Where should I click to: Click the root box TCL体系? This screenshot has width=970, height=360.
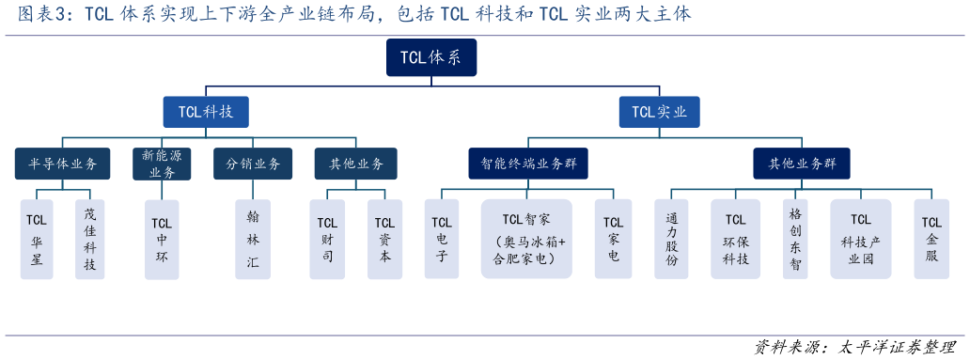pyautogui.click(x=430, y=57)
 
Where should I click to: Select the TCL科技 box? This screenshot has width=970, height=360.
pyautogui.click(x=206, y=112)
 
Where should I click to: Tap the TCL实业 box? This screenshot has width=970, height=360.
pyautogui.click(x=659, y=112)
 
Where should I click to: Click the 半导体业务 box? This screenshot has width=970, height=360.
pyautogui.click(x=62, y=164)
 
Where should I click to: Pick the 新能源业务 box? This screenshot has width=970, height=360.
pyautogui.click(x=163, y=164)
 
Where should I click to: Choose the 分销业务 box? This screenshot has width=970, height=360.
pyautogui.click(x=254, y=164)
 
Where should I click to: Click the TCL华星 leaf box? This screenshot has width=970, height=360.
pyautogui.click(x=37, y=239)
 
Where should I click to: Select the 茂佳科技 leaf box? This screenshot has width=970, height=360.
pyautogui.click(x=89, y=239)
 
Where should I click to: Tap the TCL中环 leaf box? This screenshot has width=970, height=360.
pyautogui.click(x=162, y=239)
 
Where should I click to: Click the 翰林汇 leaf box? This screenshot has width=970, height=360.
pyautogui.click(x=253, y=239)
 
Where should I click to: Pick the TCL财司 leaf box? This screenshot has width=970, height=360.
pyautogui.click(x=327, y=239)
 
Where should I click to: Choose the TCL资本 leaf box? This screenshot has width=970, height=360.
pyautogui.click(x=384, y=239)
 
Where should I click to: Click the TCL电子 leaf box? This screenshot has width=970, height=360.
pyautogui.click(x=442, y=239)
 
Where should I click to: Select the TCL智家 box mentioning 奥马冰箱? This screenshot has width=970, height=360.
pyautogui.click(x=526, y=239)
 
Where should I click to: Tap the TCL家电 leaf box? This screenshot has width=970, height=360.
pyautogui.click(x=613, y=239)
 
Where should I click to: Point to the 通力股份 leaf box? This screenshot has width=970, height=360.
pyautogui.click(x=671, y=239)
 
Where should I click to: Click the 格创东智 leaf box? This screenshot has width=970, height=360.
pyautogui.click(x=795, y=239)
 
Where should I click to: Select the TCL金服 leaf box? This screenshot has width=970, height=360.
pyautogui.click(x=931, y=239)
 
